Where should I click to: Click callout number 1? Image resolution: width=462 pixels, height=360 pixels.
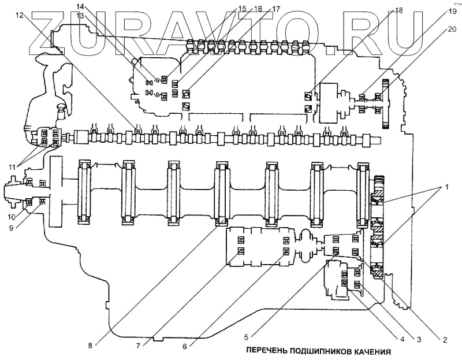coord(445,188)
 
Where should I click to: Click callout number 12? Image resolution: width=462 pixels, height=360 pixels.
coord(21,16)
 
